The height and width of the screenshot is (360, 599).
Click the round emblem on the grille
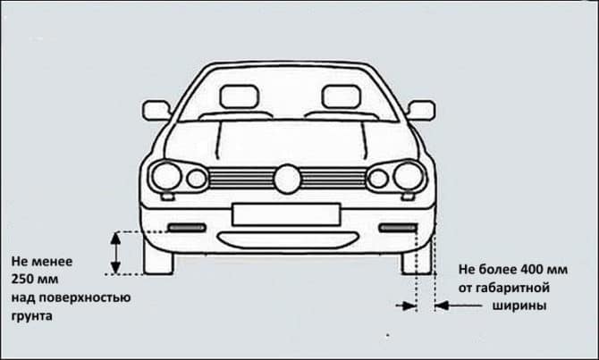click(x=287, y=179)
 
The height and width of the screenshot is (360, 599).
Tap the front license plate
click(x=286, y=213)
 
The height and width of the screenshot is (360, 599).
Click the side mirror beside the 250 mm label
click(x=156, y=110)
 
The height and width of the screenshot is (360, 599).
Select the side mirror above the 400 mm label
click(x=420, y=110)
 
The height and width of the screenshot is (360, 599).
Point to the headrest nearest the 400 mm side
click(x=341, y=96)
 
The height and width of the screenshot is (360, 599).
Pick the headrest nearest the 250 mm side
click(x=234, y=96)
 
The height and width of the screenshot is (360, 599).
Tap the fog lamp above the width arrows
click(x=398, y=228)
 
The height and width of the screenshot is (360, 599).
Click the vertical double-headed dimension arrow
click(x=115, y=252)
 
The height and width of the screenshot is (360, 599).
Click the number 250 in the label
click(x=23, y=279)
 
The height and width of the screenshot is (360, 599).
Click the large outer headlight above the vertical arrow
click(x=165, y=176)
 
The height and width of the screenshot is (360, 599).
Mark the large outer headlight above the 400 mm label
click(x=409, y=176)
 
